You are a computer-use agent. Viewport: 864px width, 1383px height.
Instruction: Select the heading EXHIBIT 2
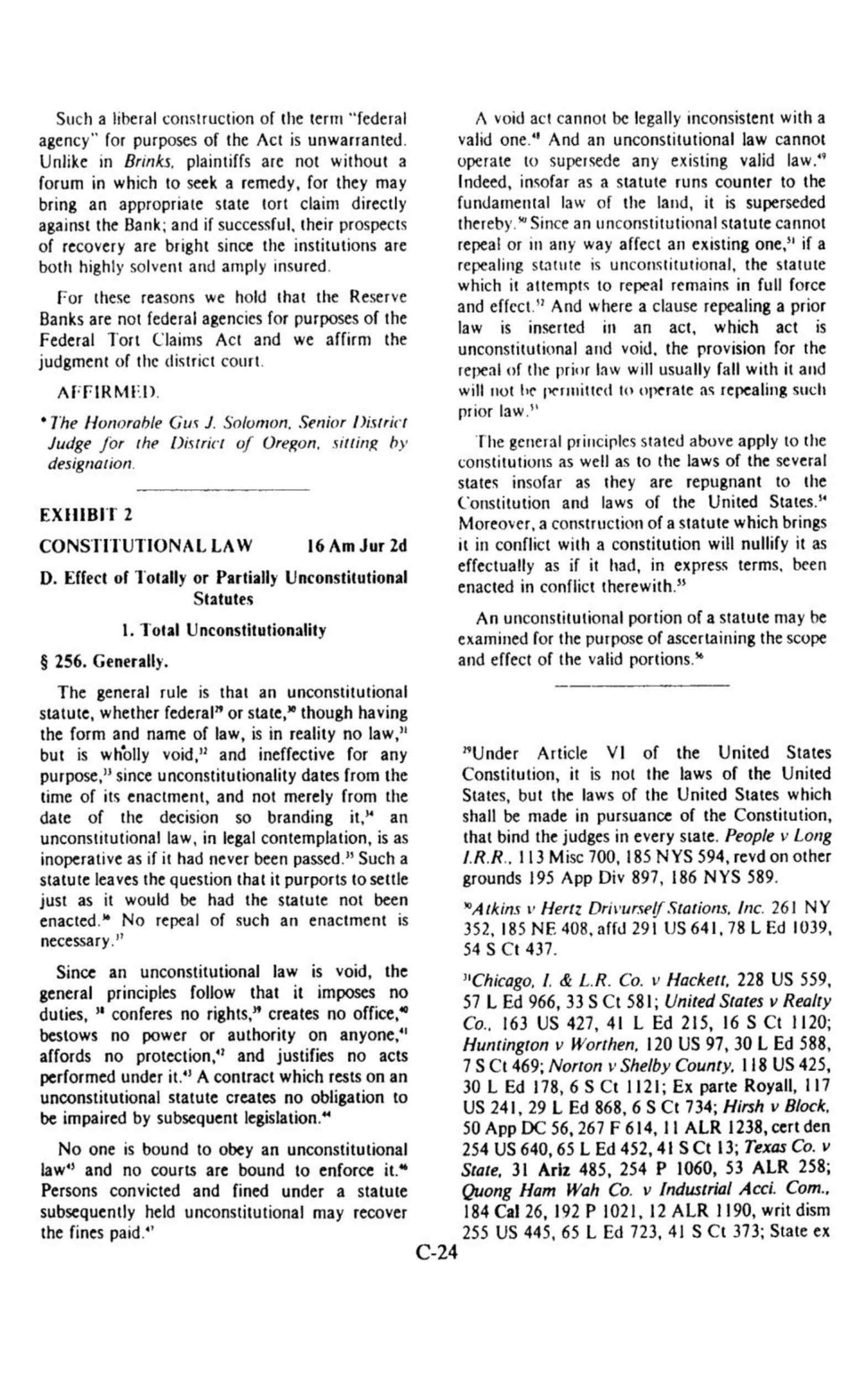pyautogui.click(x=86, y=515)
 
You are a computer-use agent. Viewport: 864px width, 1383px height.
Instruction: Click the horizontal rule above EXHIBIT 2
pyautogui.click(x=223, y=490)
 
